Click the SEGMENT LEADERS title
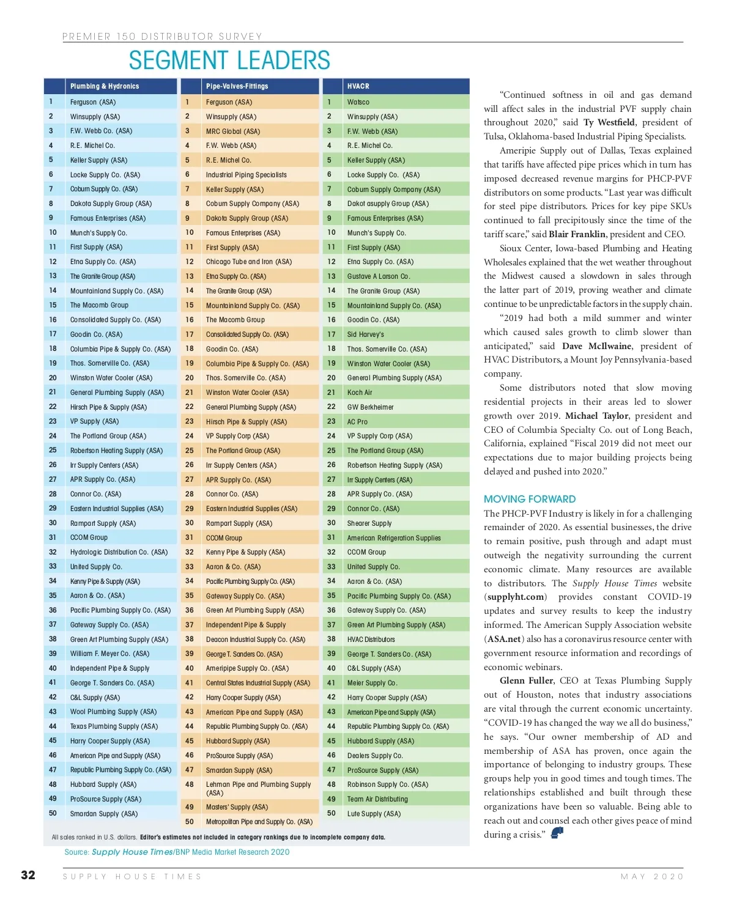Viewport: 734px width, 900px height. tap(229, 61)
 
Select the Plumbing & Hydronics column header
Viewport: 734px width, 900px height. tap(105, 86)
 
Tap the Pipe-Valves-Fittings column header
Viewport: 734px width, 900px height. tap(237, 86)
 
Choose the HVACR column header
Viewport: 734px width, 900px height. tap(358, 86)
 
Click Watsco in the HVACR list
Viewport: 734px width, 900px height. tap(358, 102)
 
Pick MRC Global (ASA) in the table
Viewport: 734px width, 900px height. tap(232, 131)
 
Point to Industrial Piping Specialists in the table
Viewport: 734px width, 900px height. tap(246, 175)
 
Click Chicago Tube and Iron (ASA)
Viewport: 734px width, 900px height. tap(248, 262)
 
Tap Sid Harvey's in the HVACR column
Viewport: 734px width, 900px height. tap(366, 334)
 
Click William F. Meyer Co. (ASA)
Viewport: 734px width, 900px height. tap(109, 654)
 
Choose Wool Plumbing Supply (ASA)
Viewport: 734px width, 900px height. tap(113, 712)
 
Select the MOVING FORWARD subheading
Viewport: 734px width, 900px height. tap(530, 499)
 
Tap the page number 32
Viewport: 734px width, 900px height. tap(28, 875)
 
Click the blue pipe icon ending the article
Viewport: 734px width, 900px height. tap(557, 833)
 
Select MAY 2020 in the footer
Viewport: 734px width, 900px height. tap(652, 877)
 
